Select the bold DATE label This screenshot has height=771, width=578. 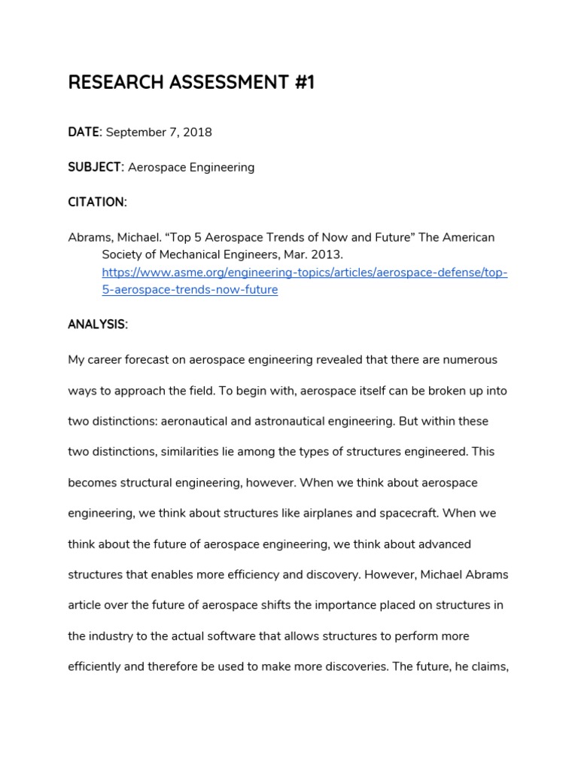pyautogui.click(x=84, y=132)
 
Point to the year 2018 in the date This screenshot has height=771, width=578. pyautogui.click(x=198, y=133)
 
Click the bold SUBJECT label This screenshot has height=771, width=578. pyautogui.click(x=95, y=167)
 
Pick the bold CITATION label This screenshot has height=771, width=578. pyautogui.click(x=96, y=202)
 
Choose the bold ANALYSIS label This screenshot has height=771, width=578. pyautogui.click(x=97, y=325)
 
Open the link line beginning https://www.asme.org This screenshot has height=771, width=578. pyautogui.click(x=304, y=273)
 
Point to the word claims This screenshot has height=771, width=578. pyautogui.click(x=491, y=667)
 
